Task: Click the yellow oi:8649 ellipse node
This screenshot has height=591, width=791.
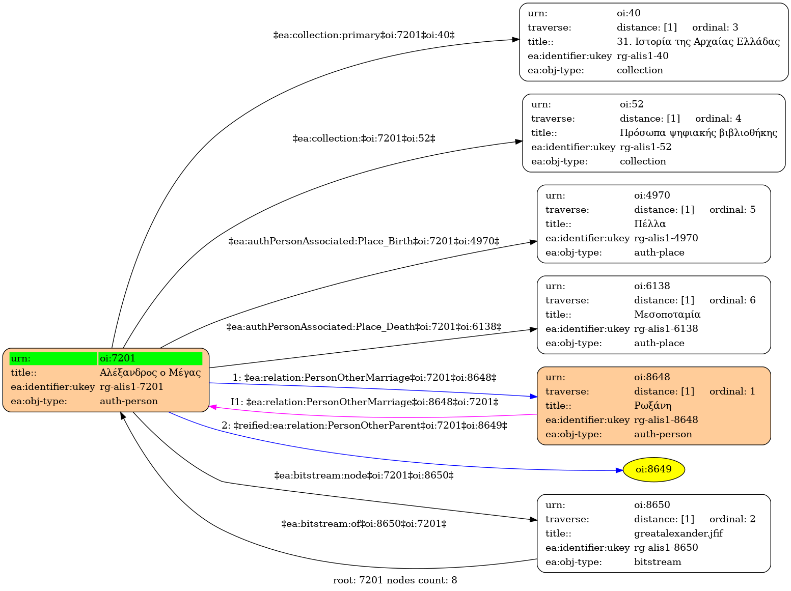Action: [x=653, y=469]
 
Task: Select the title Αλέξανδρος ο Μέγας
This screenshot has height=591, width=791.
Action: [x=150, y=373]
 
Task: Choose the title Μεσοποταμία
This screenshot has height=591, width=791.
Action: [x=667, y=315]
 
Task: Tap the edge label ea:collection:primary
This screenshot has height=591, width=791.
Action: [x=364, y=35]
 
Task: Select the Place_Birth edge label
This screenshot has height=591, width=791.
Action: [x=364, y=241]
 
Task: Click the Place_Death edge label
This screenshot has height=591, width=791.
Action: [x=364, y=327]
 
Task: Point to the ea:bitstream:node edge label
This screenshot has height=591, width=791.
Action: [x=364, y=476]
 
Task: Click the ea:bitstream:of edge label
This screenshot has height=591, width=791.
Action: [x=364, y=524]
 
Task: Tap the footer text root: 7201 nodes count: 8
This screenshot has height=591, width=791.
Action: [x=395, y=580]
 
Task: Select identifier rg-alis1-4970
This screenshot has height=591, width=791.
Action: [x=666, y=238]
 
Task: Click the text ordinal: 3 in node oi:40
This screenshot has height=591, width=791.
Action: [x=715, y=27]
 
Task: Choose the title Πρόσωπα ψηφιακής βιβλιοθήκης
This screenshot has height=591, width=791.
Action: [x=698, y=133]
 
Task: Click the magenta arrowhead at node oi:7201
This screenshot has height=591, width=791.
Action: [x=213, y=407]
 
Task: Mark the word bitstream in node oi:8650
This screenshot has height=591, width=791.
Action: [x=658, y=562]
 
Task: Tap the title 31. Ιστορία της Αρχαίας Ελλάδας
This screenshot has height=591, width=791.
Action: [x=698, y=42]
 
